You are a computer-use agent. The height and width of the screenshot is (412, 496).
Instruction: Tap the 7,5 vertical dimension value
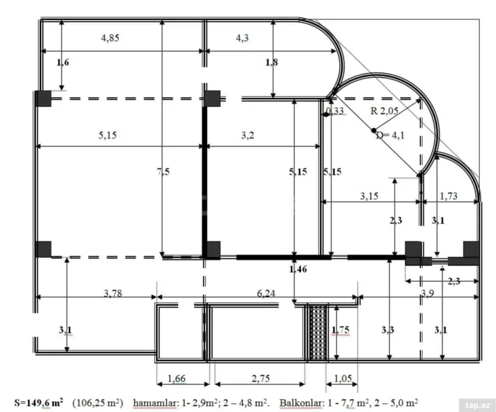(x=163, y=172)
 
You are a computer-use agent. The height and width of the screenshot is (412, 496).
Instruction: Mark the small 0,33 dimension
(x=336, y=112)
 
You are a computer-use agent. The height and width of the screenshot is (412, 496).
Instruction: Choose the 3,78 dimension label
(x=113, y=294)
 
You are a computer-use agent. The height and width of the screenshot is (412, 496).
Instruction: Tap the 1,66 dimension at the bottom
(x=178, y=379)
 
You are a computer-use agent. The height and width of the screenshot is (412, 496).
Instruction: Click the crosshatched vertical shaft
(x=318, y=332)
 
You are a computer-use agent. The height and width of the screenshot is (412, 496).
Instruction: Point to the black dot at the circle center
(x=374, y=130)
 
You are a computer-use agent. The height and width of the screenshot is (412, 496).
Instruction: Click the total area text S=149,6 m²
(x=39, y=402)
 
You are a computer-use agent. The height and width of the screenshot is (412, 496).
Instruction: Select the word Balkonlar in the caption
(x=298, y=402)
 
